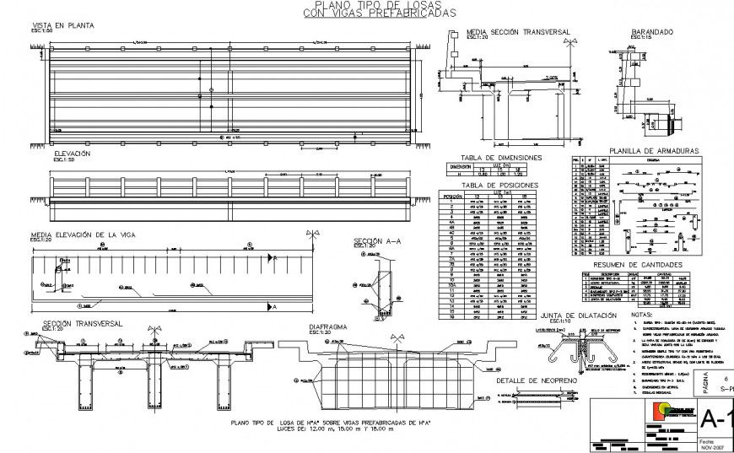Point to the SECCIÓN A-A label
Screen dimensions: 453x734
pos(375,241)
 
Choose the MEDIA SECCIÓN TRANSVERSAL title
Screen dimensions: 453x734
pos(519,32)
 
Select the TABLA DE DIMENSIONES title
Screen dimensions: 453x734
pos(500,158)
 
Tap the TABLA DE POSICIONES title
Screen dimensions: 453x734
pos(496,184)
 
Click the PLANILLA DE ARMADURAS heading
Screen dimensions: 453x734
pos(655,150)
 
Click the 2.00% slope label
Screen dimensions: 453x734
pos(551,78)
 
